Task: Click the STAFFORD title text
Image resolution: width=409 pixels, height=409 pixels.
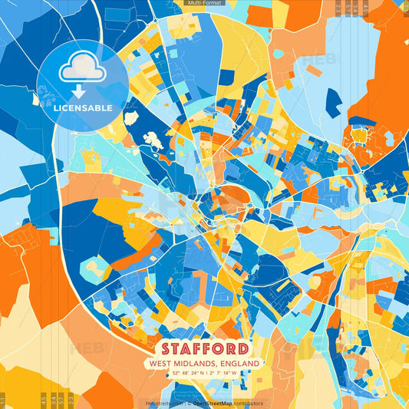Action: pos(204,348)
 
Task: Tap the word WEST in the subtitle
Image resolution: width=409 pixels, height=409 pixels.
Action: pos(161,363)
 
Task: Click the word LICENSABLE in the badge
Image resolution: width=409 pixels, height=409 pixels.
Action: pos(82,107)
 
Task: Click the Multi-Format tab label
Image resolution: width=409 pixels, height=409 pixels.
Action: pos(203,3)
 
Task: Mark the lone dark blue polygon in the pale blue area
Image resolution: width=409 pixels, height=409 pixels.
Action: pos(333,103)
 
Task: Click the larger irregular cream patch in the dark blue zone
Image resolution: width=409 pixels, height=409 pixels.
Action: pos(154,141)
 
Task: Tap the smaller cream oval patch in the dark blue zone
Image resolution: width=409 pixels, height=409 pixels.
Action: pos(130,117)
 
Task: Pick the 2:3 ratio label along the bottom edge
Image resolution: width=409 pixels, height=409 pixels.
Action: pos(71,399)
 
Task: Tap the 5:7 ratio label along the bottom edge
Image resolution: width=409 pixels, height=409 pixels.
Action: pos(61,399)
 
